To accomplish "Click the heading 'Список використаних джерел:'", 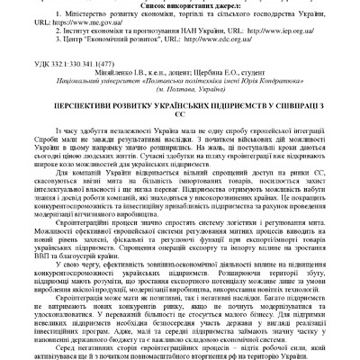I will tap(180, 6).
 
